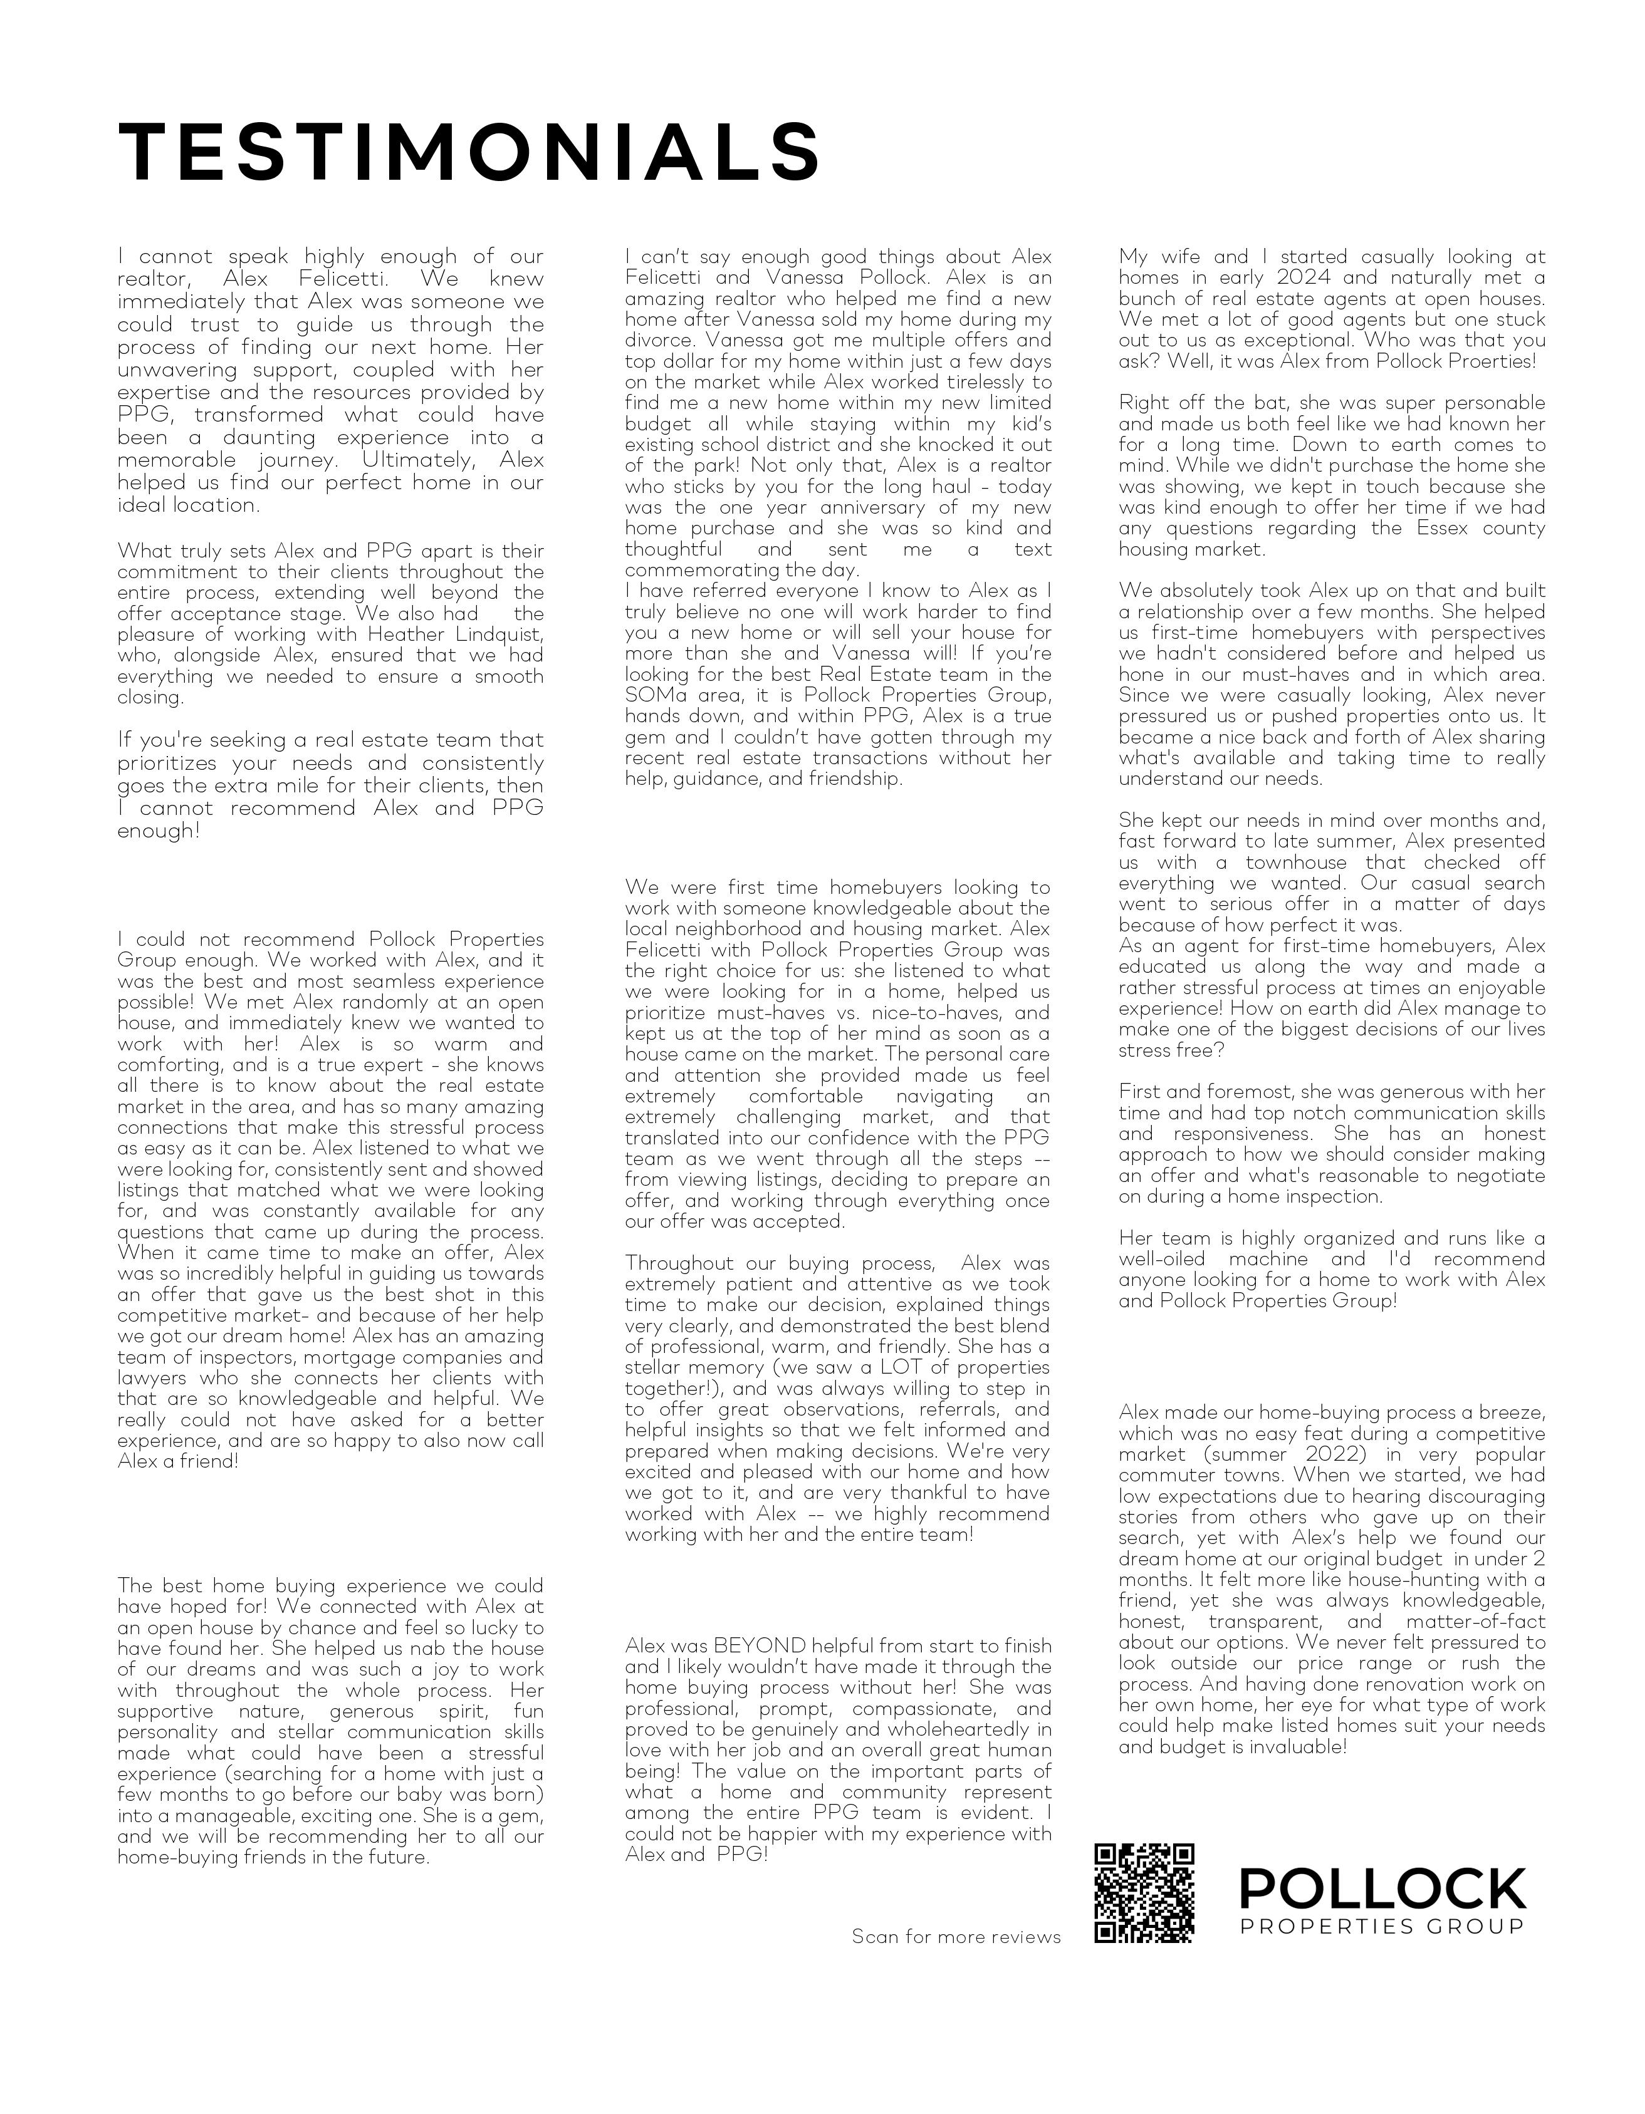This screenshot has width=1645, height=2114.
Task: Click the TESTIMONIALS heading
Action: pos(469,152)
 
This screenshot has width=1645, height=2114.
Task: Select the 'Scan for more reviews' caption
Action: pos(956,1937)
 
